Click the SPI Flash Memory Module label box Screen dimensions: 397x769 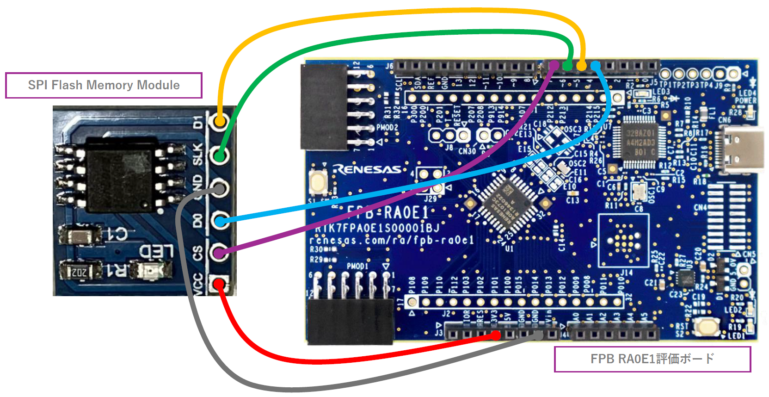[104, 85]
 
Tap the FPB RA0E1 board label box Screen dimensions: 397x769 [652, 359]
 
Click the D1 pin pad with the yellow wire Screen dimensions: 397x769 [220, 121]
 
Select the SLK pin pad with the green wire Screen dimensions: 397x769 [220, 155]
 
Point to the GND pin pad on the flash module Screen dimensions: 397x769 [220, 188]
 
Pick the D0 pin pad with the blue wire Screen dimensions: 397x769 [220, 221]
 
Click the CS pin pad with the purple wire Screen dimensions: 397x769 [220, 253]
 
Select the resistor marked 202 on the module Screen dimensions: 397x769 [80, 272]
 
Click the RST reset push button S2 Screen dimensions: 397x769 [706, 327]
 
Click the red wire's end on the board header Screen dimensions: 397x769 [495, 335]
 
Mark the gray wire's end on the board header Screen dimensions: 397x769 [538, 335]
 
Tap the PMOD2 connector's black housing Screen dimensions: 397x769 [324, 106]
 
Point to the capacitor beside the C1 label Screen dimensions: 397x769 [78, 235]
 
